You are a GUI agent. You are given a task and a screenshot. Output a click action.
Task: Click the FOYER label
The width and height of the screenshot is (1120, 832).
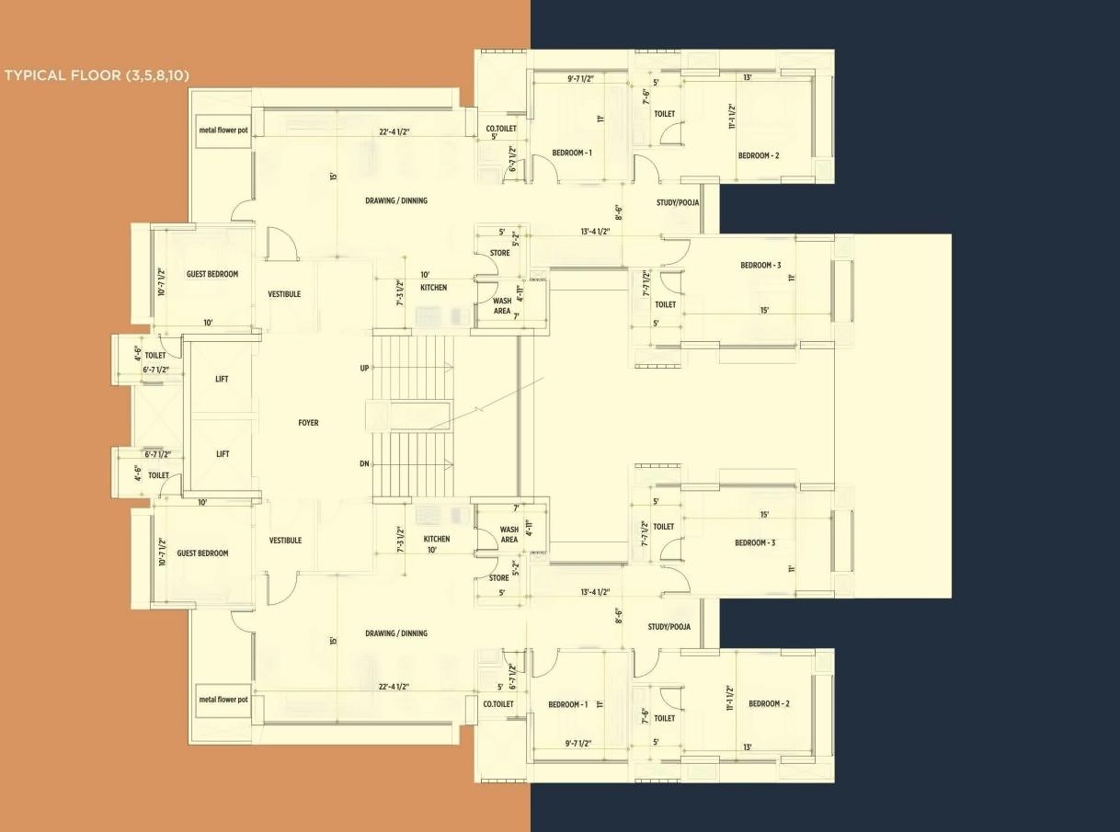308,423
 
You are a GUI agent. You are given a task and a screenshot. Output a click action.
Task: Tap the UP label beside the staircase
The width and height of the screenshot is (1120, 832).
364,369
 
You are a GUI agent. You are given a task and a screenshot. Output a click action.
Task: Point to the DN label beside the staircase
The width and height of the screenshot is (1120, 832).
364,464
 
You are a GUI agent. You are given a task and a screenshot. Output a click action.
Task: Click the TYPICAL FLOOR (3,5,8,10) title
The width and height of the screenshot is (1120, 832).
97,75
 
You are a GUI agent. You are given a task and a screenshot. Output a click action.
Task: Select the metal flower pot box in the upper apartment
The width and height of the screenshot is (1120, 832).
223,130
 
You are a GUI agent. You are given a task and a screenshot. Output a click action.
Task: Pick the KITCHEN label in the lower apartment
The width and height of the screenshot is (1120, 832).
437,539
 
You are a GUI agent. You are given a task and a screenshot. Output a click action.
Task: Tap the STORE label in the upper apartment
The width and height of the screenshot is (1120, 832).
499,253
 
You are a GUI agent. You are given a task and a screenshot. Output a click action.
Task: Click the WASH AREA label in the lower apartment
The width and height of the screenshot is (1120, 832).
509,535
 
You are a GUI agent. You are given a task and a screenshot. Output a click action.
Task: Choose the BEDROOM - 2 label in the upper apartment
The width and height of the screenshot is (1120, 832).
759,155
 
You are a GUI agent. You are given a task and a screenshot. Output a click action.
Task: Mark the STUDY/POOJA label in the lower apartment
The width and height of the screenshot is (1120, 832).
669,627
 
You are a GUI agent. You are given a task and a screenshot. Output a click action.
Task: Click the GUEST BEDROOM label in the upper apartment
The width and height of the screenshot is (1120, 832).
212,274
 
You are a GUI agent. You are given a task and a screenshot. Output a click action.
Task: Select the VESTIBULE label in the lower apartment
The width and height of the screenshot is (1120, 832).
285,541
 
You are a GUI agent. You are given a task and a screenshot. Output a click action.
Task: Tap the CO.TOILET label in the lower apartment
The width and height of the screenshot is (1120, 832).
498,704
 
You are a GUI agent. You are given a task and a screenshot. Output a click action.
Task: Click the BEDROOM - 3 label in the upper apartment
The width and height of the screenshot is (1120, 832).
760,266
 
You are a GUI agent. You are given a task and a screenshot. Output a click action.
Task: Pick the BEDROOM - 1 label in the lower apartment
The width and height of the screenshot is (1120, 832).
567,704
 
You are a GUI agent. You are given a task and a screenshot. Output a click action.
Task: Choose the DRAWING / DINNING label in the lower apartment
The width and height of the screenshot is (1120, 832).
395,633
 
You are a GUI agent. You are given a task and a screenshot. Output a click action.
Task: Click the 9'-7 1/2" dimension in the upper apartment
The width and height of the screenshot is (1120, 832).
580,79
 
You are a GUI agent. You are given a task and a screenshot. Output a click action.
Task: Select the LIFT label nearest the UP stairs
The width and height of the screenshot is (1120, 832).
222,379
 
